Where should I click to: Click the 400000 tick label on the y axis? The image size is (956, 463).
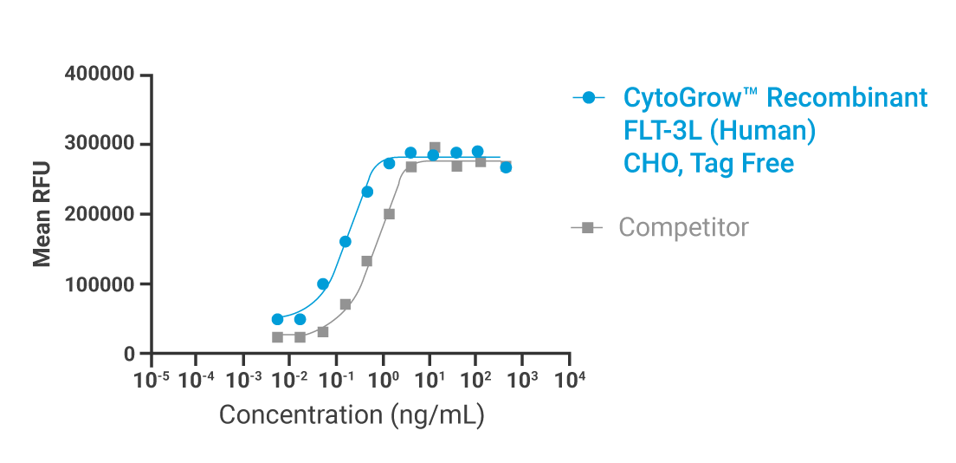point(100,75)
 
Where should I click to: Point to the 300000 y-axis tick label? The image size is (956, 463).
point(100,145)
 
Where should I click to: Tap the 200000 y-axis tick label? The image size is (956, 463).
point(100,214)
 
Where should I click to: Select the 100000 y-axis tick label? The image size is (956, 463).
point(100,284)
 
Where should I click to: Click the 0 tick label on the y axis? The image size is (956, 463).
point(129,354)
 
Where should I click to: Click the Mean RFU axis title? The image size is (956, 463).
point(42,214)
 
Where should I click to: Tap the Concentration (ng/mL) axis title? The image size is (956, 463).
point(351,414)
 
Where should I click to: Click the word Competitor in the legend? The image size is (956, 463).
point(683,228)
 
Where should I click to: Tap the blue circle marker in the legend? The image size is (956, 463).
point(589,98)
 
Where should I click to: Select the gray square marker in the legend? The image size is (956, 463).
point(588,228)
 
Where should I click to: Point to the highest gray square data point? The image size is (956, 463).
point(435,148)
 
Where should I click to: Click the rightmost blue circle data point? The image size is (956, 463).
point(506,167)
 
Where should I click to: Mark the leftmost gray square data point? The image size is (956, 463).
point(277,337)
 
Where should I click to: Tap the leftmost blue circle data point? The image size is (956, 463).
point(277,319)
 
